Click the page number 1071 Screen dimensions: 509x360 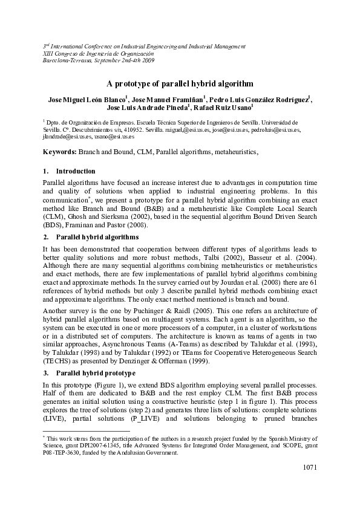tap(308, 467)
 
